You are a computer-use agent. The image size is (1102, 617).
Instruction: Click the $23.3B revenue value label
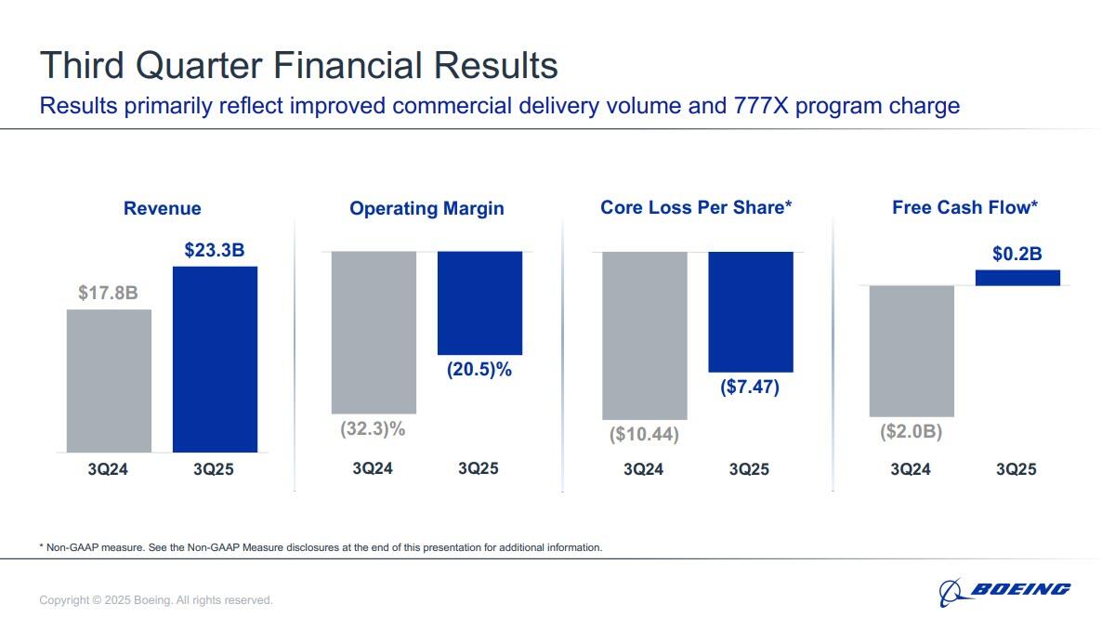click(x=215, y=250)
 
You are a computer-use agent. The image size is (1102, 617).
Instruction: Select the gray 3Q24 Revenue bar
click(x=109, y=380)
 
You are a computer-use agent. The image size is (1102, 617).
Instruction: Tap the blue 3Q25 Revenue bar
click(x=215, y=359)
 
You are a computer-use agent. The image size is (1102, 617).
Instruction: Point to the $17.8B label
click(x=108, y=294)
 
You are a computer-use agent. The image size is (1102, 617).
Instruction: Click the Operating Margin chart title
click(x=426, y=209)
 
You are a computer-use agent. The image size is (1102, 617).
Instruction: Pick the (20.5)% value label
click(x=479, y=370)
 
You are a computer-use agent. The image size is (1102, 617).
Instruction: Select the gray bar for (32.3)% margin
click(x=374, y=332)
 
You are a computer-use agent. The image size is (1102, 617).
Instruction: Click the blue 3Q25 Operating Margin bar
click(x=479, y=303)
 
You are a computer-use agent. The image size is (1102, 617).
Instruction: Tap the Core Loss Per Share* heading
click(x=696, y=207)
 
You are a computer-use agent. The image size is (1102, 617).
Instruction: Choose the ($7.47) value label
click(x=750, y=387)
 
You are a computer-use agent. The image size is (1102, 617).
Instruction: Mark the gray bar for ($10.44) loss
click(x=644, y=335)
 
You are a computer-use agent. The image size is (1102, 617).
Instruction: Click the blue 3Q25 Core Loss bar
click(x=750, y=311)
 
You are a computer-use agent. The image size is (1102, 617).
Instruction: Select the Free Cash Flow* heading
click(x=964, y=207)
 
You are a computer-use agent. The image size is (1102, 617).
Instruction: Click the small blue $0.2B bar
click(x=1017, y=277)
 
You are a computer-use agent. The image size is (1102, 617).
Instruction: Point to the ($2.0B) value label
click(x=911, y=432)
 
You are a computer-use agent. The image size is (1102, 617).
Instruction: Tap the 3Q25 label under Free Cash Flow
click(x=1017, y=469)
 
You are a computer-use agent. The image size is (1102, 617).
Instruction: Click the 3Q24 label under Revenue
click(x=108, y=469)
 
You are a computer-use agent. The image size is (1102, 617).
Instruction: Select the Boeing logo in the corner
click(x=1004, y=589)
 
